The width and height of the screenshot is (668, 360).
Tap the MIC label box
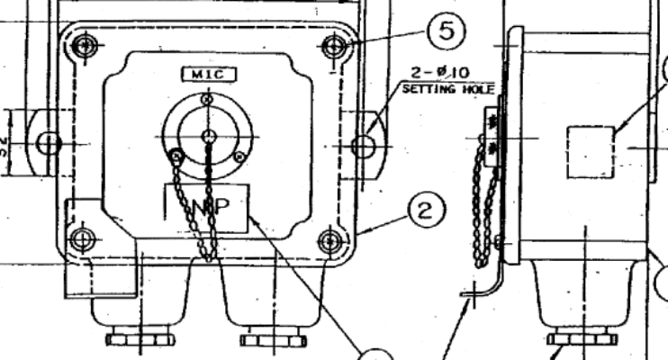pos(208,75)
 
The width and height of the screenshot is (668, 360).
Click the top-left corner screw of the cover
pos(85,44)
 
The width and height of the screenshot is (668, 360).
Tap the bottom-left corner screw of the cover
pos(83,239)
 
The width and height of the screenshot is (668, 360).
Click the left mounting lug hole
pos(49,141)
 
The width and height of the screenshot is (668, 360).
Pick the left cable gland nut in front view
pos(130,339)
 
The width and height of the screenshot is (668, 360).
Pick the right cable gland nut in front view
pos(263,339)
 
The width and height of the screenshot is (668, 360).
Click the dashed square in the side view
pos(591,151)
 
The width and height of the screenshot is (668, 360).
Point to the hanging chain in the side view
pos(486,216)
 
